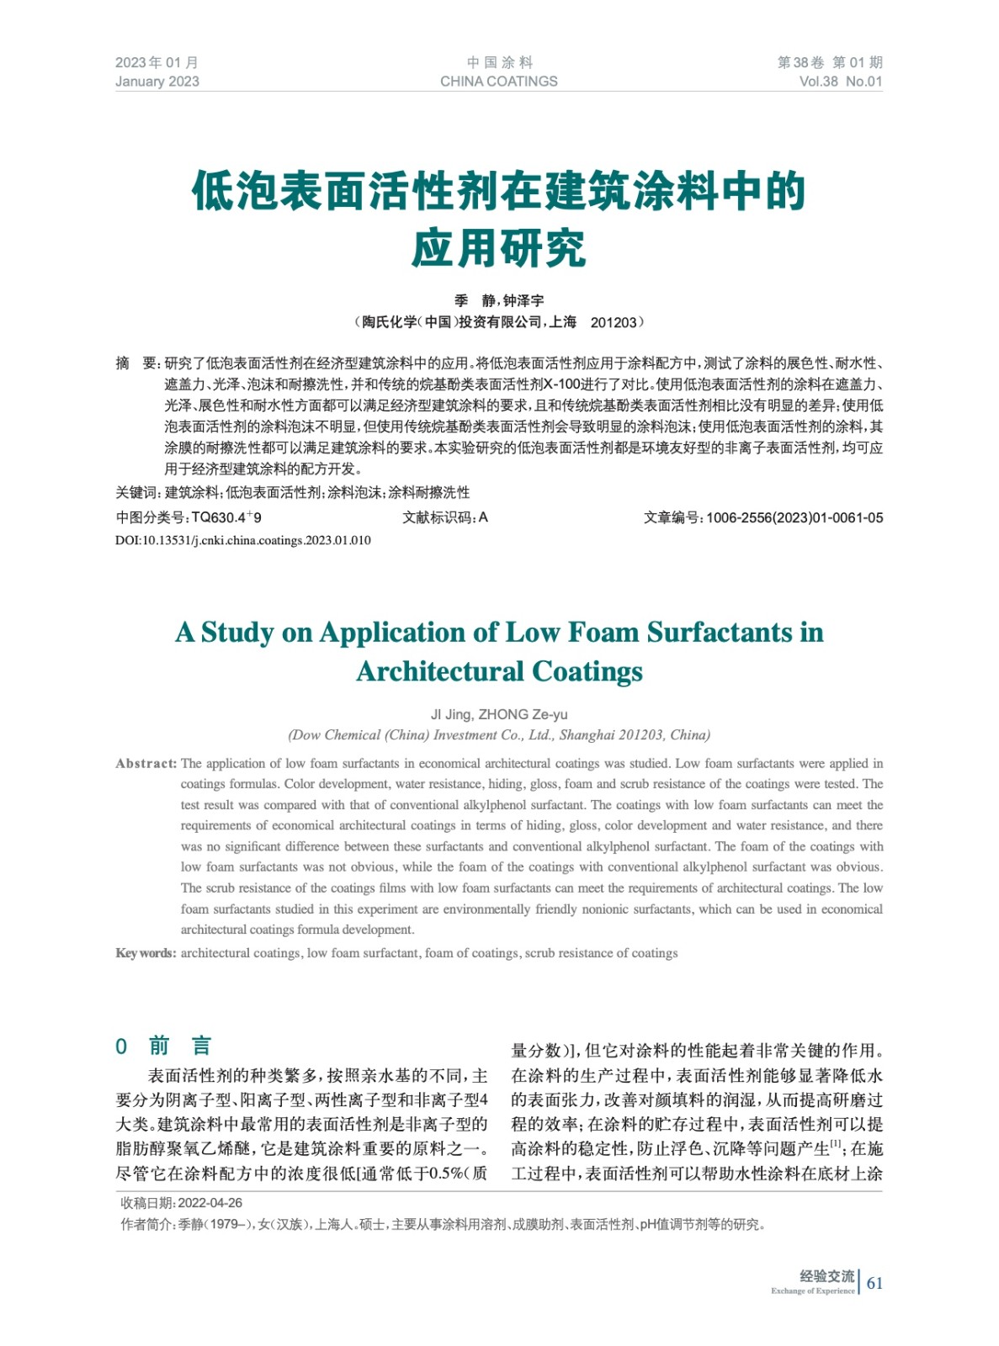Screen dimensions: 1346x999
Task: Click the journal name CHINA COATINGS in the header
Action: click(x=498, y=82)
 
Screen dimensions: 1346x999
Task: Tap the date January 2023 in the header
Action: click(x=157, y=82)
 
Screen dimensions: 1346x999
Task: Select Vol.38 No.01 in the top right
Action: click(x=840, y=82)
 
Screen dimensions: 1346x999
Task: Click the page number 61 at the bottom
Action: click(x=874, y=1283)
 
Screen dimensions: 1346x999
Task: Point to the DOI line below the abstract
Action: click(x=242, y=540)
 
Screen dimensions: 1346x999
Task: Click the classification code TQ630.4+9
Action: click(x=226, y=517)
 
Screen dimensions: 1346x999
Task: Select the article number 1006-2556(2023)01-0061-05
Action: click(x=794, y=518)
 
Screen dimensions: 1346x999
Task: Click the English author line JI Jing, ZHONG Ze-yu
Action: click(x=499, y=714)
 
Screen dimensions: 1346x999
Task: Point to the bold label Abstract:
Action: click(x=146, y=764)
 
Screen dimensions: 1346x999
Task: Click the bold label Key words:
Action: click(x=146, y=953)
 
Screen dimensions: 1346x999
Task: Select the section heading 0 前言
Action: click(x=163, y=1046)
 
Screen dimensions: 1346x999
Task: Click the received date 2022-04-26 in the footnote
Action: click(x=210, y=1203)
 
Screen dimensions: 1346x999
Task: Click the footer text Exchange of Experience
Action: click(x=812, y=1290)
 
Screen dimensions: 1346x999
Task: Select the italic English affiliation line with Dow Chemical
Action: click(x=499, y=735)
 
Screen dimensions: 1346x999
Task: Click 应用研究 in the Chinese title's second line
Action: click(x=499, y=248)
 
